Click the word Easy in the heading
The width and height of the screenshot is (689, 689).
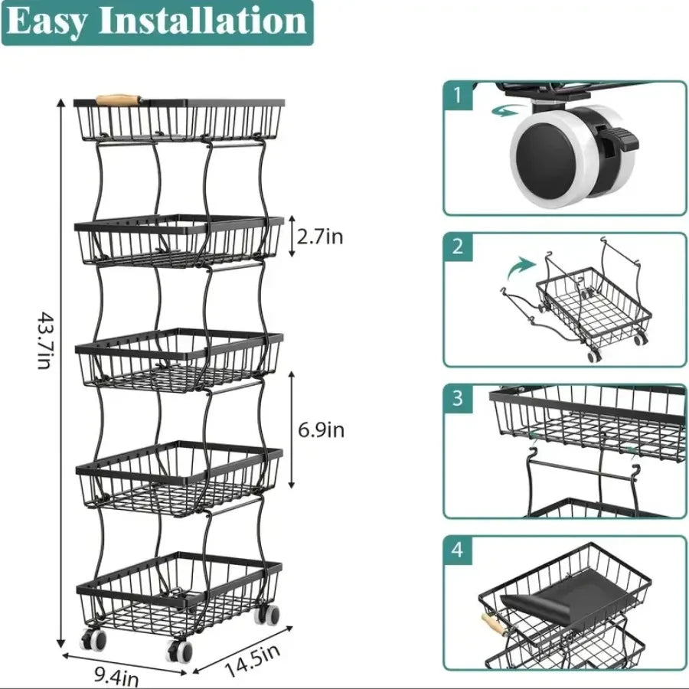[x=48, y=22]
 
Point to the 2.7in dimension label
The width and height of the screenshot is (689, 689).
[x=320, y=237]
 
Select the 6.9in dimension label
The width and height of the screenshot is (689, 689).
[x=321, y=430]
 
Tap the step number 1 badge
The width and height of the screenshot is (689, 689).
[x=458, y=96]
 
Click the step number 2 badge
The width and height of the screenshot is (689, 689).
[x=458, y=247]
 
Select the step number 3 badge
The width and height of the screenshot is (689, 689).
[x=458, y=398]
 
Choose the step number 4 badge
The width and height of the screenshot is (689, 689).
[x=458, y=550]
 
